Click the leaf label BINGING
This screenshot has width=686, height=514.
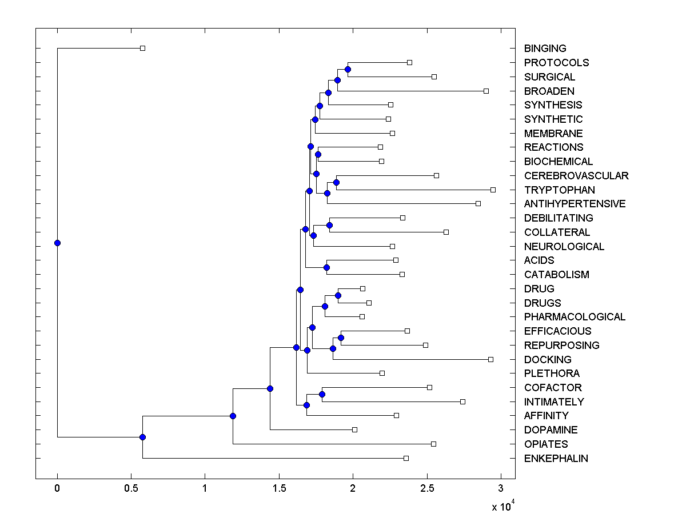pos(545,49)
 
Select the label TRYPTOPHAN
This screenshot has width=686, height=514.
pos(559,190)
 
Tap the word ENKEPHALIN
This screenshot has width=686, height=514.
pos(556,458)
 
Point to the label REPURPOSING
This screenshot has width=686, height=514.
pos(561,345)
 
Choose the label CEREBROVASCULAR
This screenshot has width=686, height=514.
pos(576,175)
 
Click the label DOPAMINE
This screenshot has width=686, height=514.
pos(551,429)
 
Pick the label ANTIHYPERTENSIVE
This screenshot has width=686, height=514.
pos(575,203)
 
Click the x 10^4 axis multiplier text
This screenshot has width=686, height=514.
pos(502,505)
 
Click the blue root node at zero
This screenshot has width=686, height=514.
pos(57,243)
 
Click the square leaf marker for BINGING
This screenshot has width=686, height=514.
pos(143,48)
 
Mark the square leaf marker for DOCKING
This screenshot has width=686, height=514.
pos(490,359)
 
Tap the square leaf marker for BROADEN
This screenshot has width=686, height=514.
pos(486,91)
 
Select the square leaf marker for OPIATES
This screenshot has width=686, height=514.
pos(433,444)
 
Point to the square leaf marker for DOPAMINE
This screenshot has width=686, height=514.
pos(354,429)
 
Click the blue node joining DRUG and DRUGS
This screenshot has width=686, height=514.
pos(338,295)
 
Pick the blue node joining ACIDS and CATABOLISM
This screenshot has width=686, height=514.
pos(326,267)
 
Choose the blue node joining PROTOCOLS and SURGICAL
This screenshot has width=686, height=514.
pos(348,69)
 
